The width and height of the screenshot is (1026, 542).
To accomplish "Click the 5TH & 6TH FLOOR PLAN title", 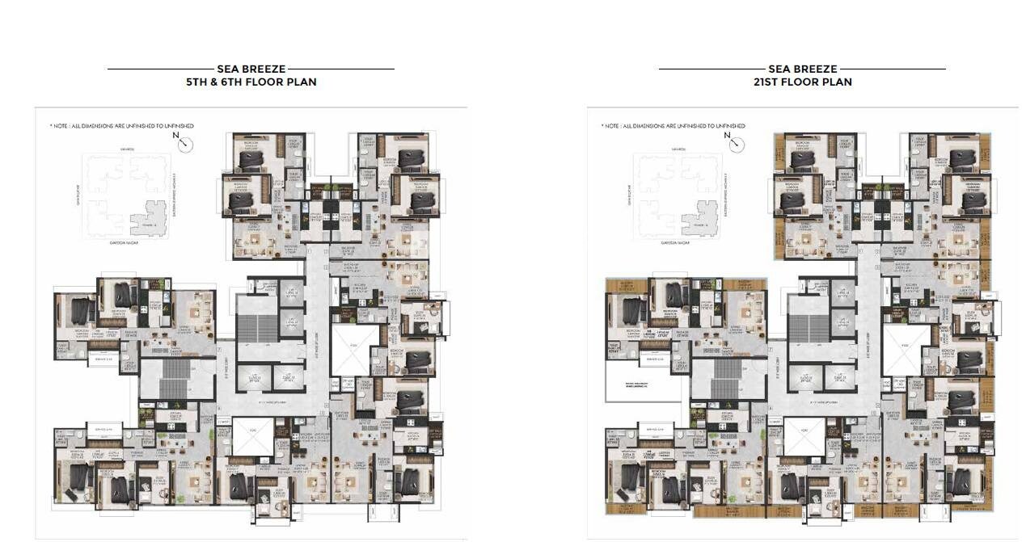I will pyautogui.click(x=251, y=82).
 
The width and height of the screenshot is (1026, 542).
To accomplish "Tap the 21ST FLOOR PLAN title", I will pyautogui.click(x=802, y=82).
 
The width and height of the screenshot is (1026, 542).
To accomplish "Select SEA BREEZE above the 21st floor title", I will pyautogui.click(x=802, y=69).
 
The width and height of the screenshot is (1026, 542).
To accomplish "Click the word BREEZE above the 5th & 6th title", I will pyautogui.click(x=268, y=69).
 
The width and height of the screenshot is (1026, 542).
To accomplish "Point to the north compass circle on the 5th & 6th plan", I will pyautogui.click(x=187, y=145).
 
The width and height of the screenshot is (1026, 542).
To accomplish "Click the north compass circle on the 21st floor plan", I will pyautogui.click(x=738, y=145).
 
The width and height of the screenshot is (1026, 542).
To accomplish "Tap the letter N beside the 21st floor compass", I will pyautogui.click(x=727, y=136).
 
